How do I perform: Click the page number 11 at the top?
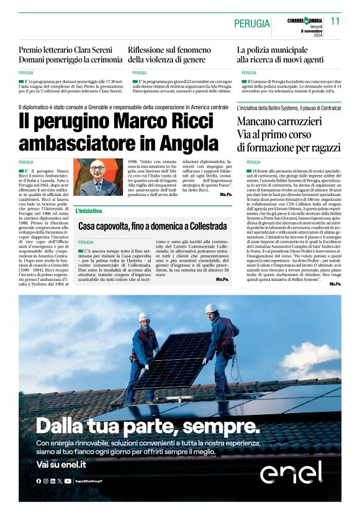pyautogui.click(x=335, y=21)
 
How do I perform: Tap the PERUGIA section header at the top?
pyautogui.click(x=252, y=24)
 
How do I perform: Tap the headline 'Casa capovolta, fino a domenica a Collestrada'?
pyautogui.click(x=152, y=227)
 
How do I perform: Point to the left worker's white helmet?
pyautogui.click(x=144, y=316)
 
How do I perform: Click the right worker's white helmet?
pyautogui.click(x=211, y=308)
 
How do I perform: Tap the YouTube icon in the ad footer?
pyautogui.click(x=68, y=481)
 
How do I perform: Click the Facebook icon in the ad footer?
pyautogui.click(x=38, y=481)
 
